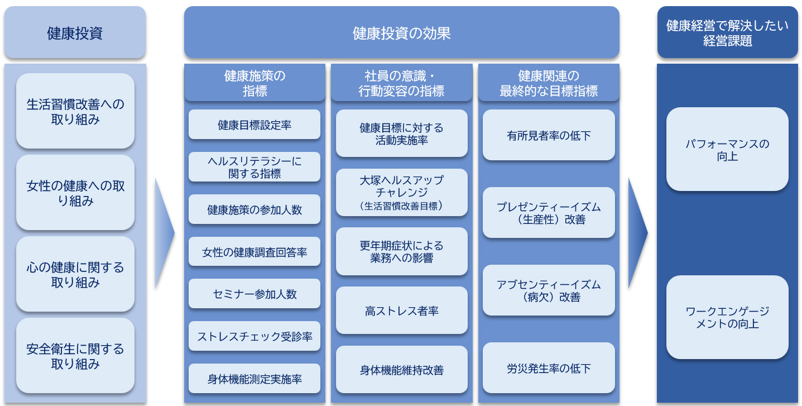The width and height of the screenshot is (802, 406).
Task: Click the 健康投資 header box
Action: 75,32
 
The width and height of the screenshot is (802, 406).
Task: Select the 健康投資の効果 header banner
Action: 401,32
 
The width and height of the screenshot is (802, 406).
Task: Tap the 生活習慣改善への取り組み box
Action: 75,111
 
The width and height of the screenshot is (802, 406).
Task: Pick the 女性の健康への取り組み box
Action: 75,193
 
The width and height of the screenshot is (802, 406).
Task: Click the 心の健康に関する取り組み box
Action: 75,274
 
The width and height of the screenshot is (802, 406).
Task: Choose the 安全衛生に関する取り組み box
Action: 75,356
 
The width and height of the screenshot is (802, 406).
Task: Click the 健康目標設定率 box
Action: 254,125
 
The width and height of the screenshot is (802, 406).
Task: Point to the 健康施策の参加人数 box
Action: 254,209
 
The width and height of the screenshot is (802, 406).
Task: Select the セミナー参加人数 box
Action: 254,294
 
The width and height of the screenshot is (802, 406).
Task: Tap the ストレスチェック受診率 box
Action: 254,336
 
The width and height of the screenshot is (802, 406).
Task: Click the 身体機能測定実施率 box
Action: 254,379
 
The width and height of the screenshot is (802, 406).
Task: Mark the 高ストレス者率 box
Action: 401,311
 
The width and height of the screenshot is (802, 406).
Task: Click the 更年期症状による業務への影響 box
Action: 401,251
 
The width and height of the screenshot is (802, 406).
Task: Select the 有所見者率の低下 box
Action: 549,135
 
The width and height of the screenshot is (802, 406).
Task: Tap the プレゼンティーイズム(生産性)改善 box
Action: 549,213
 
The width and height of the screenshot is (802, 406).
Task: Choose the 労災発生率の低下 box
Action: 549,368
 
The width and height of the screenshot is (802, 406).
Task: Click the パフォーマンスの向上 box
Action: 727,150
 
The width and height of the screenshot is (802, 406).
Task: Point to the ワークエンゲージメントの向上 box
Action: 727,317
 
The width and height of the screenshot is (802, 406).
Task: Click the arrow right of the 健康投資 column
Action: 164,232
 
